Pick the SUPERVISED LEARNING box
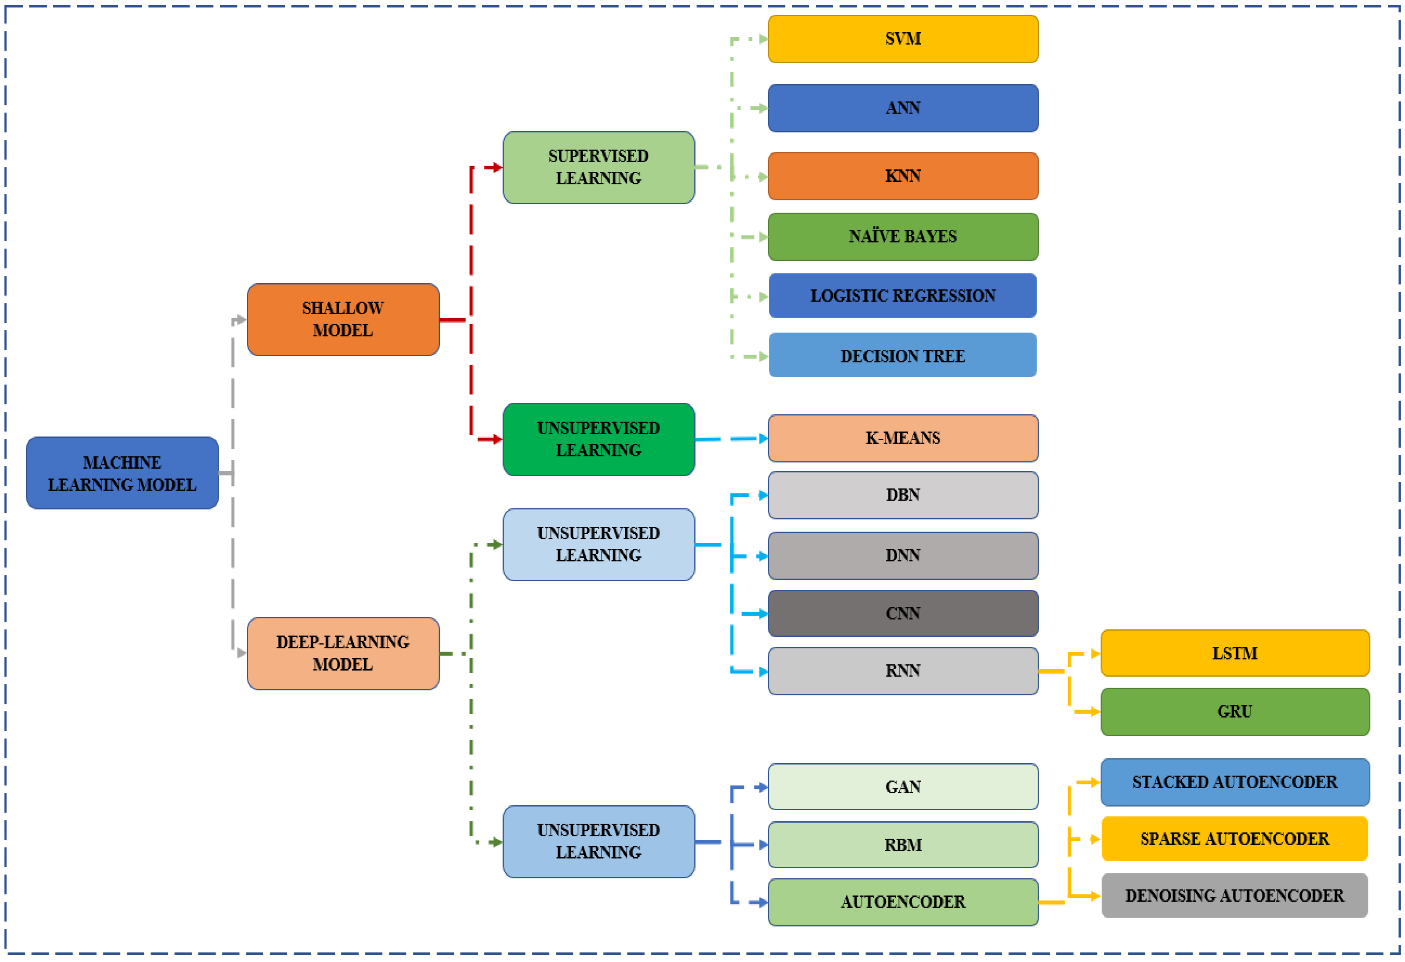598,167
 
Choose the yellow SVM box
903,39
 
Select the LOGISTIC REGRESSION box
903,296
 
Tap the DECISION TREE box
903,356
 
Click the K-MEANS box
903,438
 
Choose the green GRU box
1234,712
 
